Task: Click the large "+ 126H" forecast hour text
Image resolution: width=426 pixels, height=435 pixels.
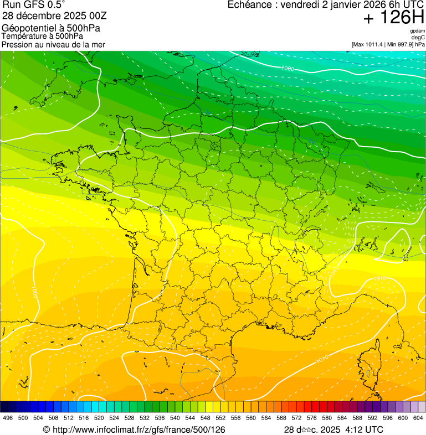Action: pyautogui.click(x=393, y=18)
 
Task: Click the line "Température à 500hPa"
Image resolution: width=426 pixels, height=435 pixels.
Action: pyautogui.click(x=42, y=36)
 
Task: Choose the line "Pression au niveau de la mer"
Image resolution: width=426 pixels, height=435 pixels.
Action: pyautogui.click(x=53, y=44)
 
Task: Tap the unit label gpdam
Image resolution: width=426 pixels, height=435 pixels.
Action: pyautogui.click(x=418, y=31)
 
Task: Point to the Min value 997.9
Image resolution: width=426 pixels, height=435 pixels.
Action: pyautogui.click(x=406, y=44)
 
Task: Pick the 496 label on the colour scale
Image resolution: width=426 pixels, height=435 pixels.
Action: pyautogui.click(x=8, y=418)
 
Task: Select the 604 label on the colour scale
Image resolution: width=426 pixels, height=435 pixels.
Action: pyautogui.click(x=418, y=418)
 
